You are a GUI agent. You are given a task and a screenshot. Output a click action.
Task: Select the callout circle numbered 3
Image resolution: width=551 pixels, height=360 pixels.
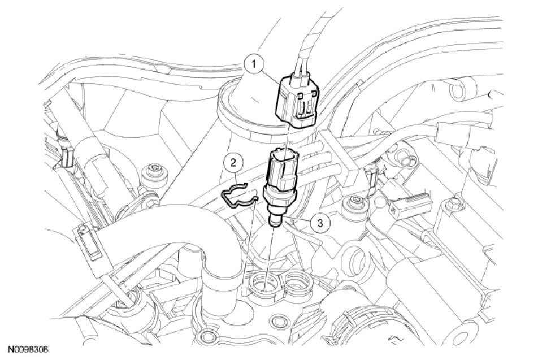[319, 223]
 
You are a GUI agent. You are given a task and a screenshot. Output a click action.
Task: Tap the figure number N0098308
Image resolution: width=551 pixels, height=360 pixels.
[28, 349]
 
